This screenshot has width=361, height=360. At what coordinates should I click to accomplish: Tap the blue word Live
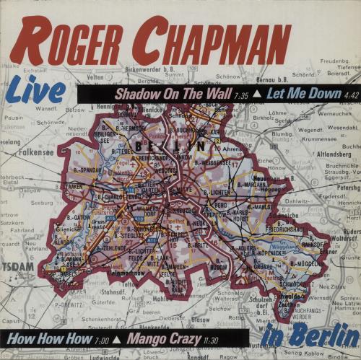click(35, 93)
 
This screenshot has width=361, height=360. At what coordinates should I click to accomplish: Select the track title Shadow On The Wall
click(167, 95)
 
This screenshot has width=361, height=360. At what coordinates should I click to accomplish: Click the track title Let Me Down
click(291, 95)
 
